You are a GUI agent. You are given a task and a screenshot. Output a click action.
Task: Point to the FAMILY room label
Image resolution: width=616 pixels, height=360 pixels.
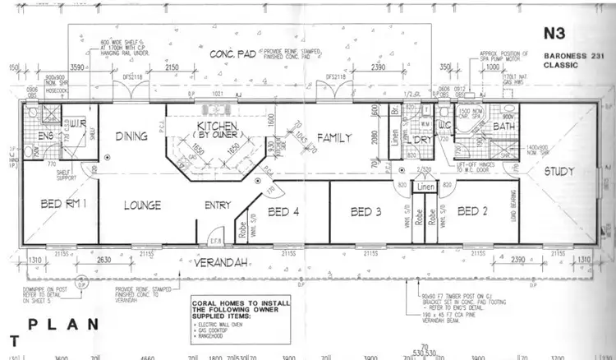click(x=335, y=137)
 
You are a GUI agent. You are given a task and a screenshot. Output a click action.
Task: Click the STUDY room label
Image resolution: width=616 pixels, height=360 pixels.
click(x=559, y=171)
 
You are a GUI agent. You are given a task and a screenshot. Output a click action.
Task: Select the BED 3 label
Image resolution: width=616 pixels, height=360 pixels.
click(x=366, y=212)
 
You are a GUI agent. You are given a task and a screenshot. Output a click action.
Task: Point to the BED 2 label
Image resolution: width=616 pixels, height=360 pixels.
click(x=473, y=211)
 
